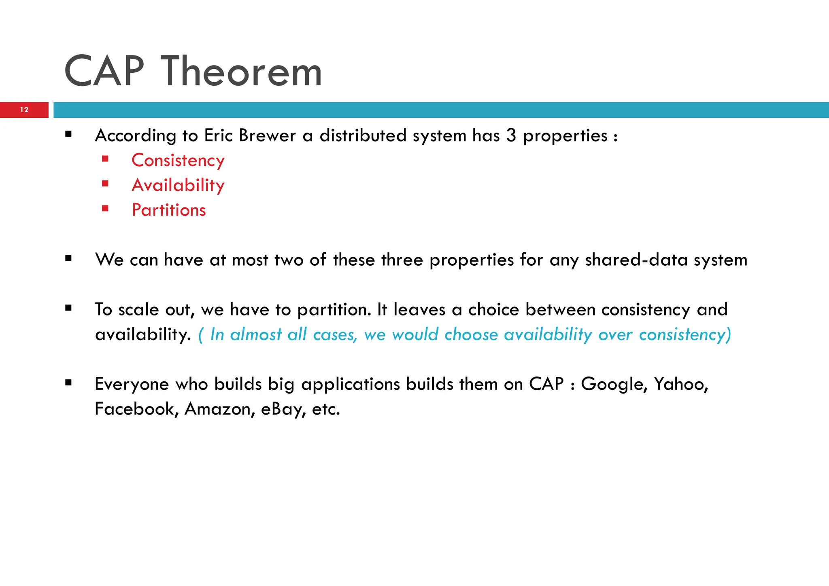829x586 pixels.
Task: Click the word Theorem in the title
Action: tap(242, 72)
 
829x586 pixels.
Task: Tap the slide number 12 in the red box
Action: tap(24, 110)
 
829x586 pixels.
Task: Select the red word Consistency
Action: tap(178, 161)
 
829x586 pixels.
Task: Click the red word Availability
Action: tap(178, 185)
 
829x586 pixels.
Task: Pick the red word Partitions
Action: tap(169, 210)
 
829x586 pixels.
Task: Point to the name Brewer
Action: tap(267, 135)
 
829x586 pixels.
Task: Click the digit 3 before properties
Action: tap(511, 135)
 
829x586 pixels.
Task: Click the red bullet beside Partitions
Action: tap(105, 209)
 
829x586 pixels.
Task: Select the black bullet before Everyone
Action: tap(68, 383)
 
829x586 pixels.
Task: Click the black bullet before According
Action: tap(68, 134)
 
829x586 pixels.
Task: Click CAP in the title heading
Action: tap(104, 72)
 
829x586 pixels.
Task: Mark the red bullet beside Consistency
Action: tap(105, 159)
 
